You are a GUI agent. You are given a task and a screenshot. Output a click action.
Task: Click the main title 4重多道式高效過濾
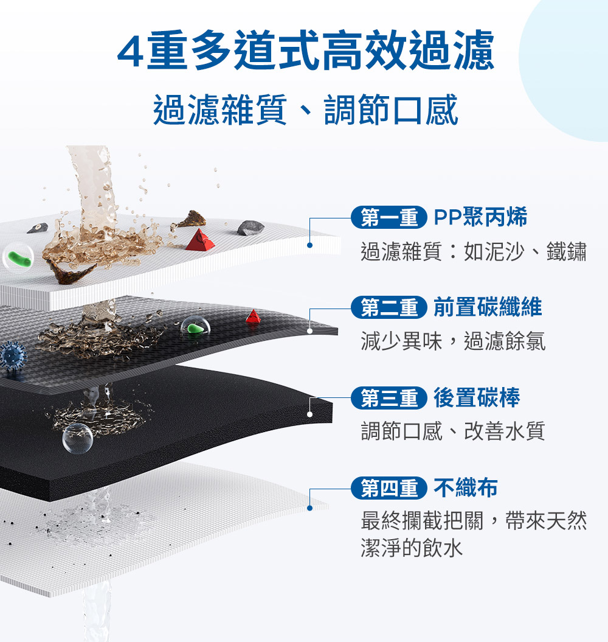[x=306, y=50]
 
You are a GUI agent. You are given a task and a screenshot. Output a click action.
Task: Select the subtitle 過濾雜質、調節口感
[x=306, y=110]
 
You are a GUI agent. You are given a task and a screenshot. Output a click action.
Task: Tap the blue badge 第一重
[x=389, y=217]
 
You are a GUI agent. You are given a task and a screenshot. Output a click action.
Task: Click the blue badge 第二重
[x=389, y=307]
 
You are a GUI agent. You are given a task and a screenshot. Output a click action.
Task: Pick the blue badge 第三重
[x=389, y=398]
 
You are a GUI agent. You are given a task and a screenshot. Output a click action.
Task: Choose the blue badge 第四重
[x=389, y=488]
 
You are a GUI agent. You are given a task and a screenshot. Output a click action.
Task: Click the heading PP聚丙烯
[x=480, y=217]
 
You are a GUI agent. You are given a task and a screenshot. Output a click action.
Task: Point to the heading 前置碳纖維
[x=488, y=307]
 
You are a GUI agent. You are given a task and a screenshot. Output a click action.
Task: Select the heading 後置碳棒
[x=477, y=398]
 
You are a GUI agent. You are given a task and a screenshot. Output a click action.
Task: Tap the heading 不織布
[x=466, y=488]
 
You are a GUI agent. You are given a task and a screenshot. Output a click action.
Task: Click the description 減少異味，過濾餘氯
[x=453, y=341]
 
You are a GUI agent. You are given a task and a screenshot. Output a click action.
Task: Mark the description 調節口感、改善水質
[x=453, y=431]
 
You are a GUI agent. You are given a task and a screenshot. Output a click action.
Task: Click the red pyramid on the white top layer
[x=200, y=240]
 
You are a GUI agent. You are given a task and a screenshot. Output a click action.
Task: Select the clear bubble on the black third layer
[x=77, y=438]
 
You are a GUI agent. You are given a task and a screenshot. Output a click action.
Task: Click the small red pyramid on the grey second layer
[x=254, y=316]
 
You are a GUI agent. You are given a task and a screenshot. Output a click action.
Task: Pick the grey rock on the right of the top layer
[x=250, y=228]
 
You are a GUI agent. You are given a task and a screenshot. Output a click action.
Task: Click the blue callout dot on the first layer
[x=309, y=245]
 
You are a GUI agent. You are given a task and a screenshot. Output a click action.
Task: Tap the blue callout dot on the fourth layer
[x=309, y=508]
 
